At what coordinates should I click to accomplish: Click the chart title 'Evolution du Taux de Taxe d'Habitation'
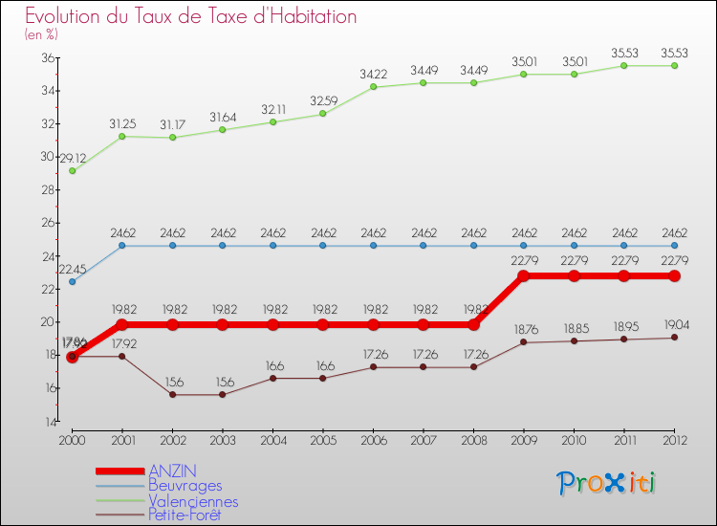191,16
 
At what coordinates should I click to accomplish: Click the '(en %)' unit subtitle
41,35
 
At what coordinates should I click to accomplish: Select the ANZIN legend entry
173,471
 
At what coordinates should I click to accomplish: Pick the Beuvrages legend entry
185,486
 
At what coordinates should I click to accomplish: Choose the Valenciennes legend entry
193,501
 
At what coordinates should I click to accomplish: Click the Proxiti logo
607,483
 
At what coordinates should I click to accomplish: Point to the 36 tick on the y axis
47,57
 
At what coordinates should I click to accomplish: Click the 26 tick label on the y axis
47,223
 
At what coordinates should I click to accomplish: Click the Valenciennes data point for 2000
72,171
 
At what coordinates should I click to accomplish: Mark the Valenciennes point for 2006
373,87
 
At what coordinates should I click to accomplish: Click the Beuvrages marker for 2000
72,282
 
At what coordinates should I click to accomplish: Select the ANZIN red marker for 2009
523,275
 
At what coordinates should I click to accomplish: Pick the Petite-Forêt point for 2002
172,395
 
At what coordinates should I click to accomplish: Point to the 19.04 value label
674,323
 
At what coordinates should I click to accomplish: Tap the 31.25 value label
121,122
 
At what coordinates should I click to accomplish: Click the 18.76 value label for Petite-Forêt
523,328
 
